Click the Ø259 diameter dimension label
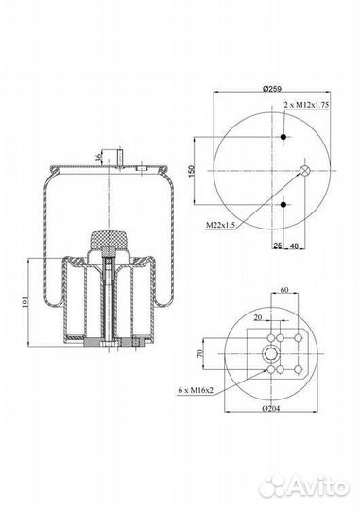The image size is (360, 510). pyautogui.click(x=272, y=89)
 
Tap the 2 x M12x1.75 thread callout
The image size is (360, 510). pyautogui.click(x=306, y=105)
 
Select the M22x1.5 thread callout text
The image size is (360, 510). pyautogui.click(x=220, y=225)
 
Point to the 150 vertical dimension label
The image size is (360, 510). pyautogui.click(x=192, y=171)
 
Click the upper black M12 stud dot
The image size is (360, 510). pyautogui.click(x=283, y=137)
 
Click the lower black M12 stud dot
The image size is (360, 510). pyautogui.click(x=283, y=205)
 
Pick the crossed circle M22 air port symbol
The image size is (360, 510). pyautogui.click(x=305, y=170)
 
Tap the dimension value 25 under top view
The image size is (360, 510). pyautogui.click(x=278, y=246)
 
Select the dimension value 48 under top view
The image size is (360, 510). pyautogui.click(x=294, y=246)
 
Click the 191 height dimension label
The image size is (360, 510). pyautogui.click(x=26, y=301)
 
